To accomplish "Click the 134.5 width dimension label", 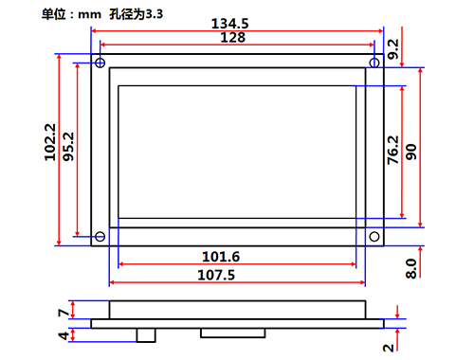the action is [x=229, y=24].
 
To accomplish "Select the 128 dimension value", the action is [x=232, y=38].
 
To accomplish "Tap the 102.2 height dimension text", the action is [x=50, y=142].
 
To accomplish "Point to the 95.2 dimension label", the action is [x=68, y=147].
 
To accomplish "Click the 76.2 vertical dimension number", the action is [x=393, y=150].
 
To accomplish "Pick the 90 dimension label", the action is [x=411, y=152].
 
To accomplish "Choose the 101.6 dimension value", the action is [x=221, y=257].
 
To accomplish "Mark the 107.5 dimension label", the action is [x=216, y=275].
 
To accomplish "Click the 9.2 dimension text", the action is [x=393, y=49].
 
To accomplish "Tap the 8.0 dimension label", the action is [x=411, y=269].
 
